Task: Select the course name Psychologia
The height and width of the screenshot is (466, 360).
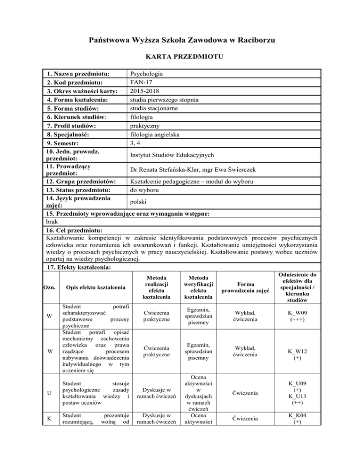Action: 146,74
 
